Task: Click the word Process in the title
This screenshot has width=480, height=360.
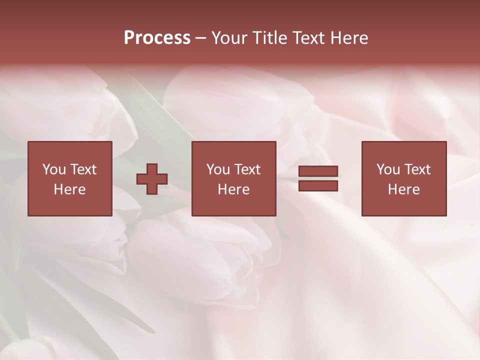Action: pyautogui.click(x=157, y=38)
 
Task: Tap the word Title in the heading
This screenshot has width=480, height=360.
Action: pyautogui.click(x=269, y=38)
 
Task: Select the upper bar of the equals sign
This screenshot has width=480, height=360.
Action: pyautogui.click(x=318, y=171)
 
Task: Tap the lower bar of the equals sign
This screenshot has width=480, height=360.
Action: pyautogui.click(x=318, y=186)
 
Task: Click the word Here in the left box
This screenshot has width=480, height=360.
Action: pyautogui.click(x=70, y=189)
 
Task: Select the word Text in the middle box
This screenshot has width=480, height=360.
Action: pyautogui.click(x=247, y=169)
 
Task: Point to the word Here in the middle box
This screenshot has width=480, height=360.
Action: pyautogui.click(x=234, y=189)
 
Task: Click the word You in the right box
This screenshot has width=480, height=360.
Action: pyautogui.click(x=388, y=169)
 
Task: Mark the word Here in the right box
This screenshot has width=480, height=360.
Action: pyautogui.click(x=404, y=189)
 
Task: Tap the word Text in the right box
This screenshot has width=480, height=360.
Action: pyautogui.click(x=417, y=169)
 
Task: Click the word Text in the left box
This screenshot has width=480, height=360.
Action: pyautogui.click(x=83, y=169)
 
